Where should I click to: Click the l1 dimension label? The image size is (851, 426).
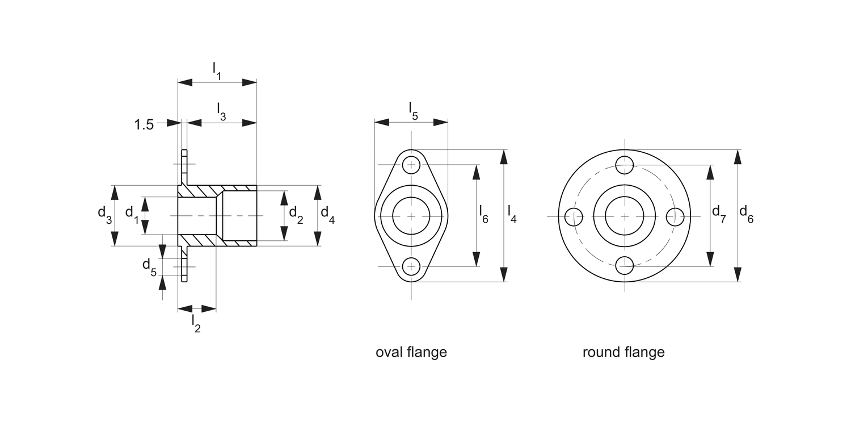(x=217, y=70)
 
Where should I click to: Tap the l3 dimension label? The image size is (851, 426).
(x=221, y=111)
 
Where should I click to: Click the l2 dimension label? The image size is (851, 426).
(x=196, y=323)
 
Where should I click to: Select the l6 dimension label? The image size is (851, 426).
(x=483, y=215)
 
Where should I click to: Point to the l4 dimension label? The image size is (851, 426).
(x=512, y=215)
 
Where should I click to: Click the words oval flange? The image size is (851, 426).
(x=411, y=352)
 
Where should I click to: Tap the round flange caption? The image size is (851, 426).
(x=623, y=352)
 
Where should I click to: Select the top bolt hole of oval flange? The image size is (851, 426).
(x=411, y=165)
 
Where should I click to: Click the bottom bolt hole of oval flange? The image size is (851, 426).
(x=411, y=266)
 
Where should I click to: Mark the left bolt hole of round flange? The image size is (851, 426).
(x=574, y=216)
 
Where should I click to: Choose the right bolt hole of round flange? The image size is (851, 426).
(x=675, y=216)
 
